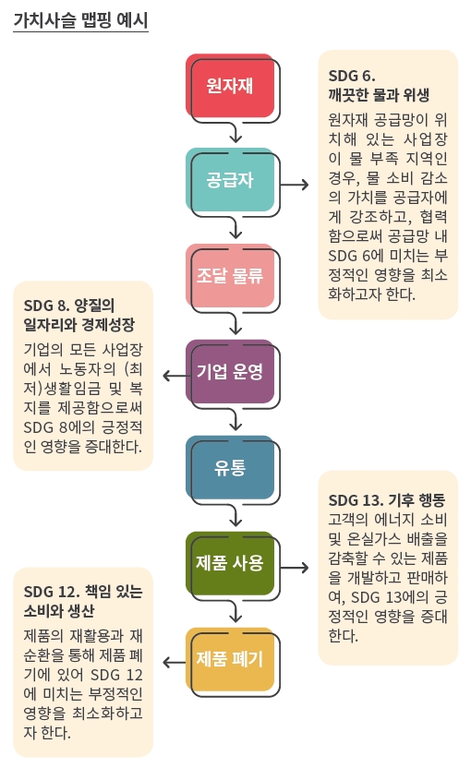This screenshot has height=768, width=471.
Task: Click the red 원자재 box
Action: point(229,85)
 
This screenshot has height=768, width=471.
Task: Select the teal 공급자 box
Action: point(229,179)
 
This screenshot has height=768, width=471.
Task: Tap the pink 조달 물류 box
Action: point(229,275)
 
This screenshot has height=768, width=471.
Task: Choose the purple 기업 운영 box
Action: point(229,371)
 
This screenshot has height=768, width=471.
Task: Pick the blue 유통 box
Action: point(229,467)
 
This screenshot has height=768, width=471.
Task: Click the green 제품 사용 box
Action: point(229,563)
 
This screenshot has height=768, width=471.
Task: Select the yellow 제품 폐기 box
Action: point(229,659)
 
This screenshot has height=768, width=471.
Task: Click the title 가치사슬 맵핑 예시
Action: point(80,20)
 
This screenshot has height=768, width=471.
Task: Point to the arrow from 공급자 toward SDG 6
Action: point(295,185)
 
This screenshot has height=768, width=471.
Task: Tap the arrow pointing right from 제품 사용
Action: point(295,568)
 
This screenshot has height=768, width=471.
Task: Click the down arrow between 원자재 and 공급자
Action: point(235,132)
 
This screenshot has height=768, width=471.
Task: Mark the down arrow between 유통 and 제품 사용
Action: point(235,515)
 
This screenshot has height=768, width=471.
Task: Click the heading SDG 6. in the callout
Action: point(352,76)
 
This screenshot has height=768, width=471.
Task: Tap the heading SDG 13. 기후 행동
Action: point(387,500)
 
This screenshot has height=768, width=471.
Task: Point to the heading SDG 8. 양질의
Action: point(69,306)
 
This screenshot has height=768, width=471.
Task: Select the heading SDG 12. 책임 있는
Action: point(83,592)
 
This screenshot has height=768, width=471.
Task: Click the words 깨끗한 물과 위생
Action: point(379,94)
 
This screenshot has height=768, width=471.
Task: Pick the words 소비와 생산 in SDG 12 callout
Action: point(59,611)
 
